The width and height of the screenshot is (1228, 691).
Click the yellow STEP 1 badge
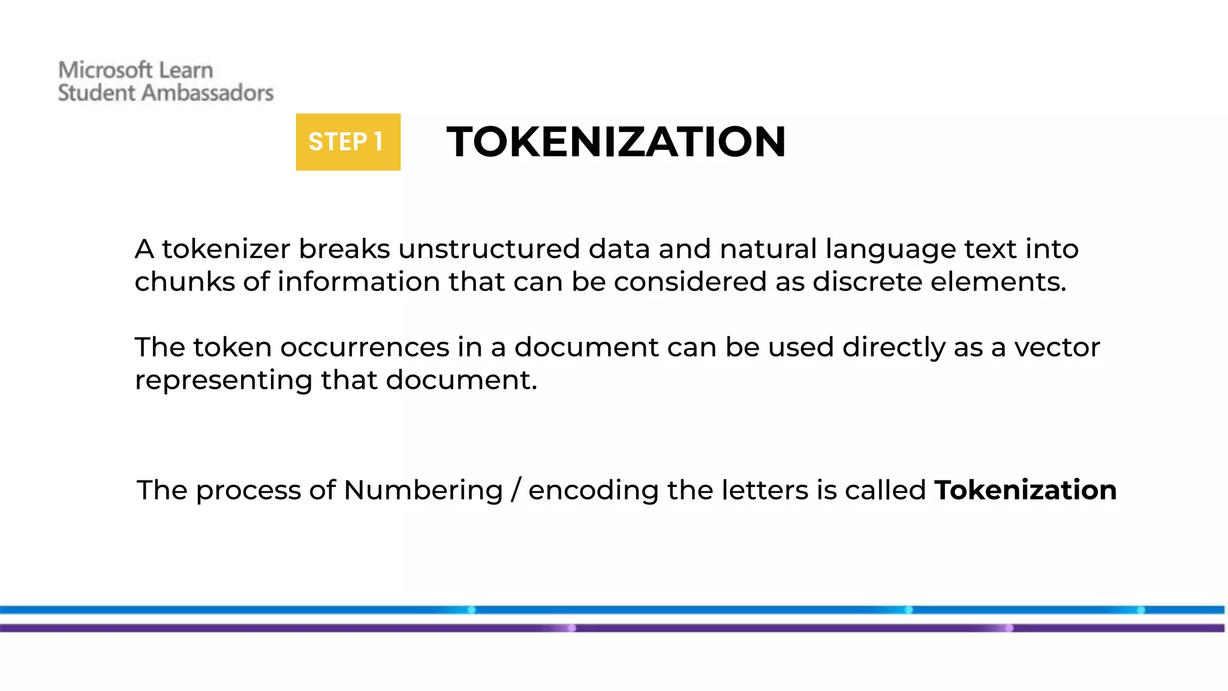click(348, 142)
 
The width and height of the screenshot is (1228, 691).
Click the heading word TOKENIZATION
click(616, 142)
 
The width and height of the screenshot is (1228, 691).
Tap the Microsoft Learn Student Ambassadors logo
click(165, 82)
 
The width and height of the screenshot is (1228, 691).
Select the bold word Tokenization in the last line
click(1025, 490)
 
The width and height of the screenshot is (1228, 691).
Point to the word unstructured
click(489, 249)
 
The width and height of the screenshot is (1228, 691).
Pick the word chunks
click(184, 282)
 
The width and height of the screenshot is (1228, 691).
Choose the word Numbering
click(423, 490)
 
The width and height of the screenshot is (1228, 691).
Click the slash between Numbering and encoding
click(516, 490)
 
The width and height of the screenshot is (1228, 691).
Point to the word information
click(359, 282)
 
